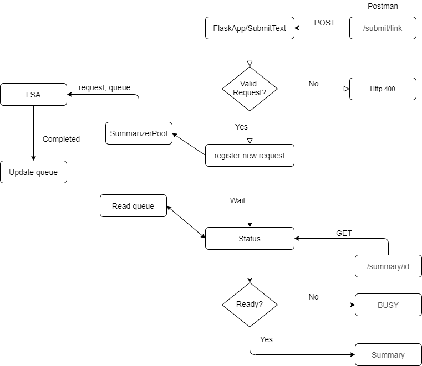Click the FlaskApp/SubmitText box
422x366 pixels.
click(250, 28)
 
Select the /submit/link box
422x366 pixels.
click(383, 28)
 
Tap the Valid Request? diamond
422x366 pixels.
click(250, 89)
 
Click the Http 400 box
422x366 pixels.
click(383, 89)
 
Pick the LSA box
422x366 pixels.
click(33, 95)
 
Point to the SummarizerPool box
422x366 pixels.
click(139, 133)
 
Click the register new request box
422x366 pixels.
click(250, 156)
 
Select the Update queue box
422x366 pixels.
click(33, 172)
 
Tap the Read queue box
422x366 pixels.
click(133, 206)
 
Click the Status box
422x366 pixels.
click(250, 239)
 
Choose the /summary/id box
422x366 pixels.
click(388, 266)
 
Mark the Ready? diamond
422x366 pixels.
click(250, 305)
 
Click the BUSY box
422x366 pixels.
click(388, 305)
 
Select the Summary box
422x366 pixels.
click(388, 355)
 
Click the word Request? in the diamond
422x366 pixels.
click(250, 93)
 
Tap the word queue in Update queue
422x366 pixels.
click(47, 172)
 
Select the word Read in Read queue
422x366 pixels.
click(121, 206)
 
